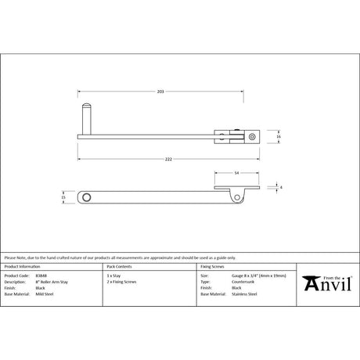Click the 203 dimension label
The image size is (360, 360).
[160, 92]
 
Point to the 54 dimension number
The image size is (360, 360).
[236, 174]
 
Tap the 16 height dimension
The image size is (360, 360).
[278, 136]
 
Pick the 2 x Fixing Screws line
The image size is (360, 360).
[121, 282]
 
